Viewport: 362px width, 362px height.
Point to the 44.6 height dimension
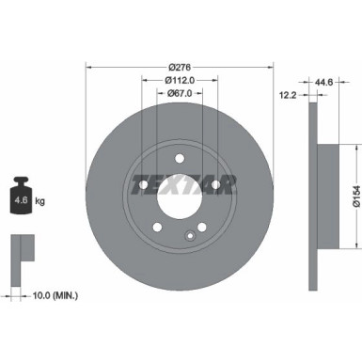(x=325, y=82)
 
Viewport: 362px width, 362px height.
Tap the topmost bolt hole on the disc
(x=179, y=157)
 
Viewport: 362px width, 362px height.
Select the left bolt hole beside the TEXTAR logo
(x=143, y=184)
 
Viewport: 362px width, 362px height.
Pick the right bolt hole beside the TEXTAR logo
(x=215, y=184)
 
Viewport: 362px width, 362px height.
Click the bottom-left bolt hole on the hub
(x=156, y=227)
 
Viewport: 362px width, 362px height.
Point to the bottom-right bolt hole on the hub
(x=201, y=227)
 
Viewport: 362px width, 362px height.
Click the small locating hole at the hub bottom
(x=190, y=234)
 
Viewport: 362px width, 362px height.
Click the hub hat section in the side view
(x=323, y=196)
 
